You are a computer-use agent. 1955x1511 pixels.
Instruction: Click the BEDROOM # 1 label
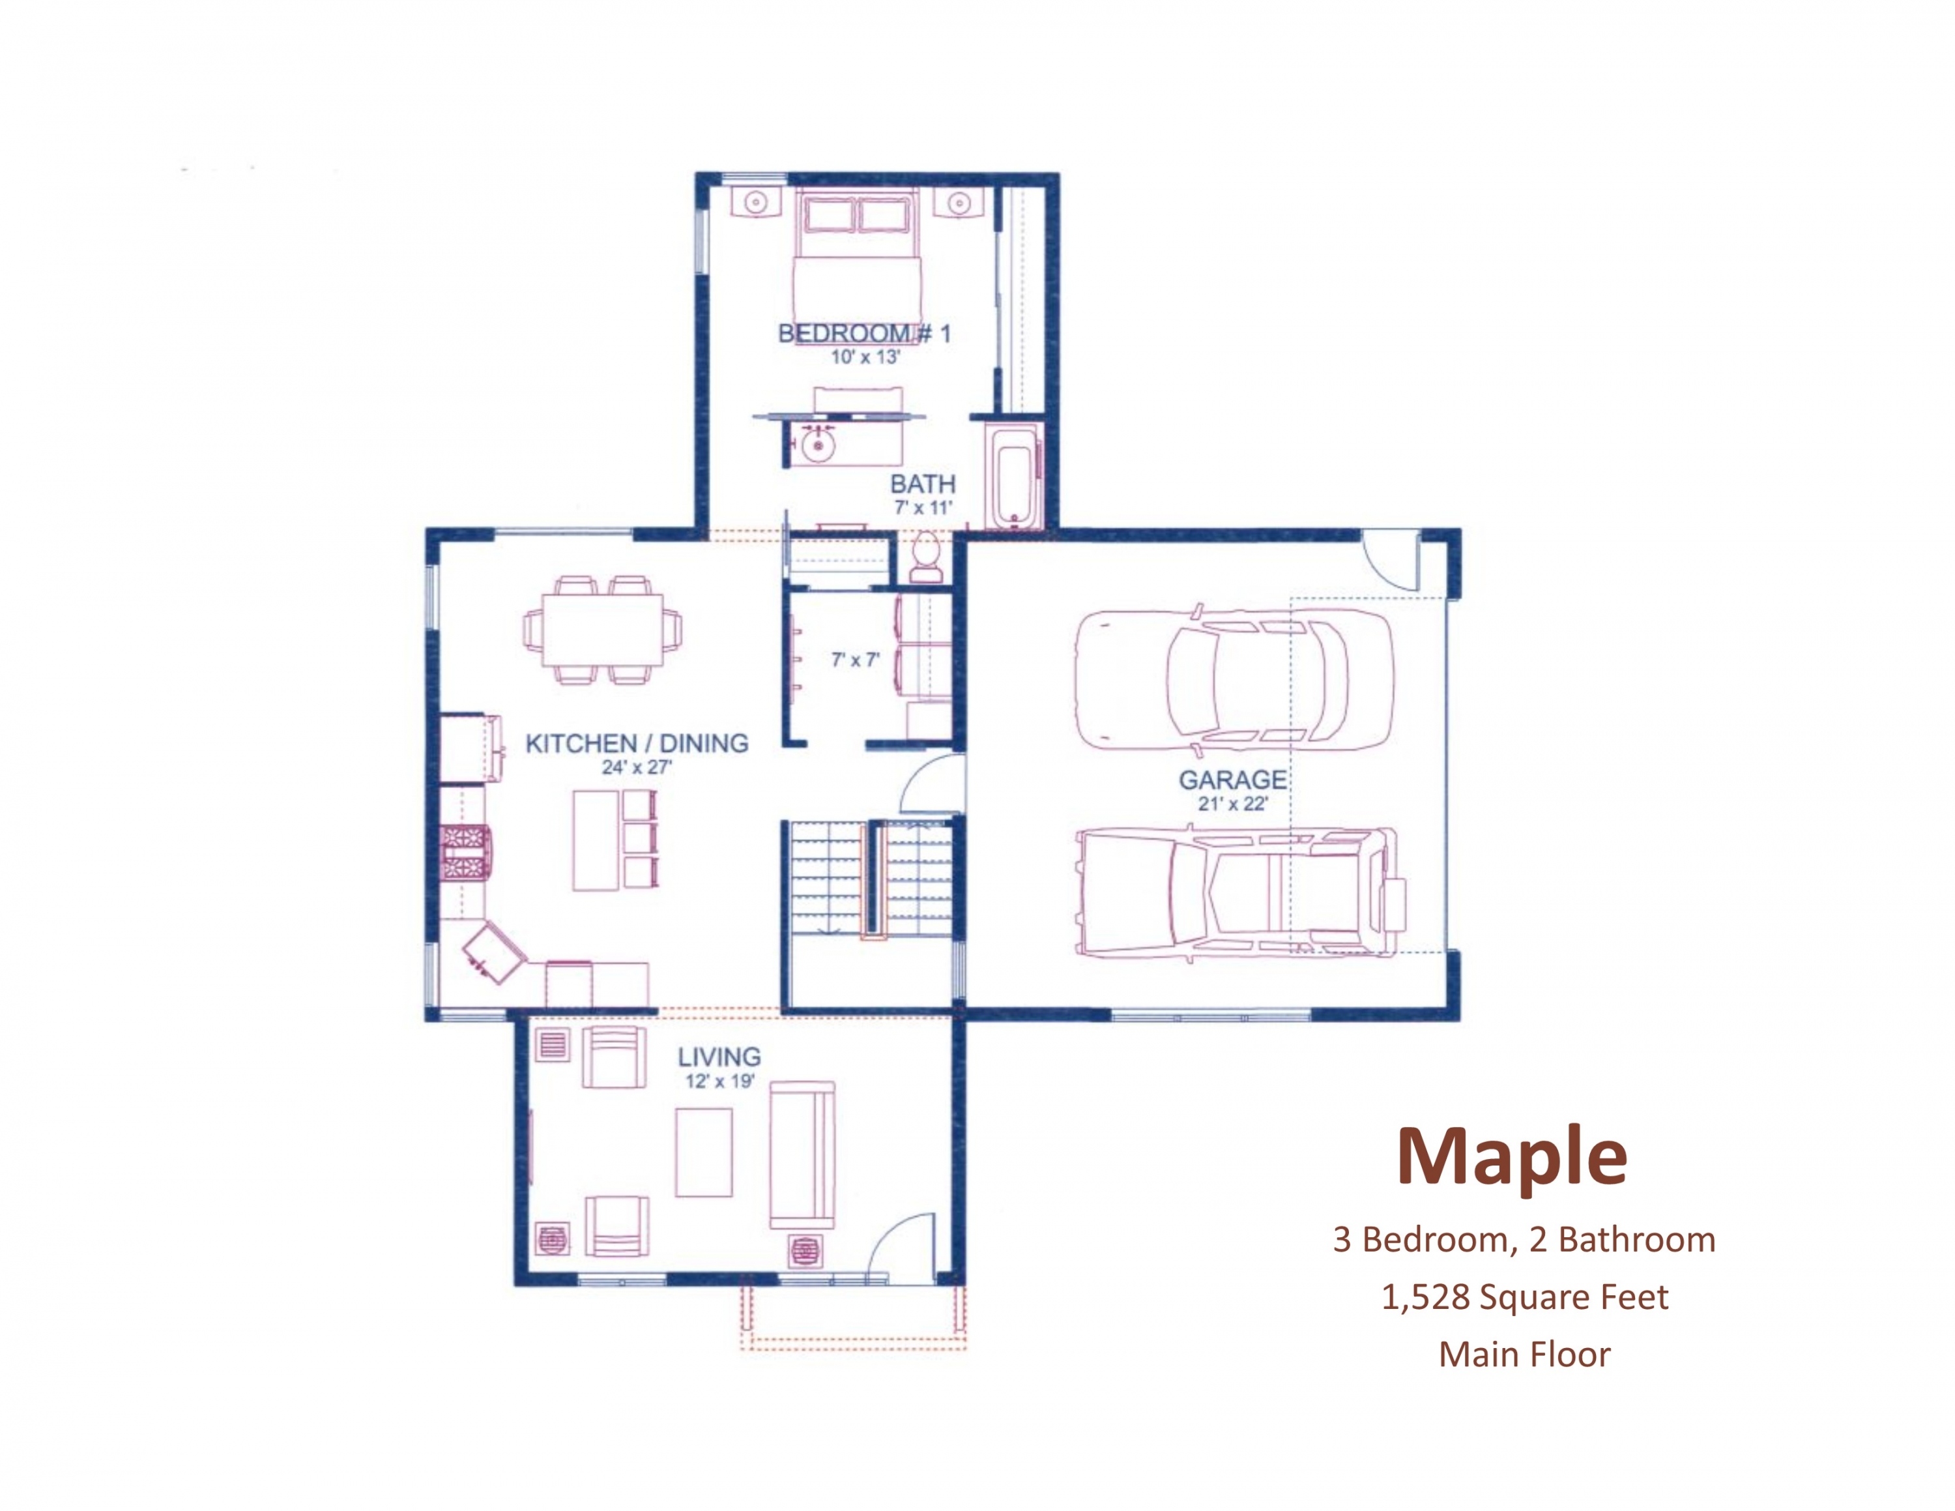click(x=864, y=334)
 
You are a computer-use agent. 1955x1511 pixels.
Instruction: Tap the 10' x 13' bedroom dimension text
click(x=865, y=357)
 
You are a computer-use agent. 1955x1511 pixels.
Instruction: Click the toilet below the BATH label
click(x=925, y=559)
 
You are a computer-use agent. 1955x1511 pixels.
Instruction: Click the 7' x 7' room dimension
click(x=855, y=660)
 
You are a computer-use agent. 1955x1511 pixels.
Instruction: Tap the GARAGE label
click(x=1232, y=780)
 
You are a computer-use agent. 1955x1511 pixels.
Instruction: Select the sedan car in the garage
click(x=1234, y=679)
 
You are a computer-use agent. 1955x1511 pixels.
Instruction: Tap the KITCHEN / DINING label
click(x=637, y=743)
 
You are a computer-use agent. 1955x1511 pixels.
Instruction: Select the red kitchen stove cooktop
click(x=465, y=853)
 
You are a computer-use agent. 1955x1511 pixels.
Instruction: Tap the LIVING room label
click(x=719, y=1057)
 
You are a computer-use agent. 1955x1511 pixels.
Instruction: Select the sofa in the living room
click(x=802, y=1154)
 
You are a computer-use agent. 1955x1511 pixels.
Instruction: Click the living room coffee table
click(x=704, y=1152)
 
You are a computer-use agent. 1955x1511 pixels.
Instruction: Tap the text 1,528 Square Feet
click(x=1524, y=1297)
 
